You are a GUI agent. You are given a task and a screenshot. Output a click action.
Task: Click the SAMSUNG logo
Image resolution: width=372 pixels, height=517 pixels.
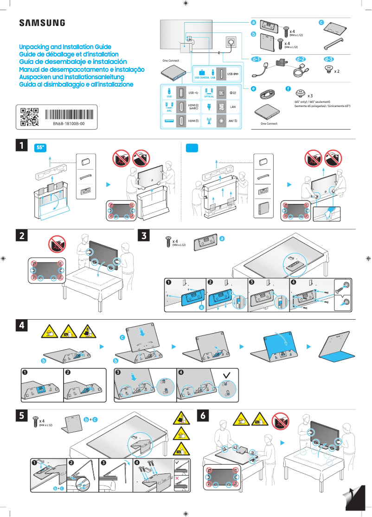[x=42, y=23]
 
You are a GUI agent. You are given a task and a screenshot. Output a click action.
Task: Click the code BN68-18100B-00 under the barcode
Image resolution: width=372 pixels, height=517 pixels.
[x=68, y=124]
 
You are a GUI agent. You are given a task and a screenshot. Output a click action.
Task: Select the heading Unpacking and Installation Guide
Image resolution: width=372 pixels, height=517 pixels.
[x=65, y=47]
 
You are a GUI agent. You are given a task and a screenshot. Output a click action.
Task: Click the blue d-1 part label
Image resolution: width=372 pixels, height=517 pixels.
[x=256, y=59]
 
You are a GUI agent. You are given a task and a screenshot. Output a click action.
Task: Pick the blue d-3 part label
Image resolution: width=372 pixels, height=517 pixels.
[x=328, y=59]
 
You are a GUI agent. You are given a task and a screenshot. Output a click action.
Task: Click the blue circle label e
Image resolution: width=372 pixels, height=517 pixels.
[x=253, y=88]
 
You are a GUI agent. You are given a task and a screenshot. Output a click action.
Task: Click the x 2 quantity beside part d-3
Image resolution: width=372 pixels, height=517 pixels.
[x=337, y=72]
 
